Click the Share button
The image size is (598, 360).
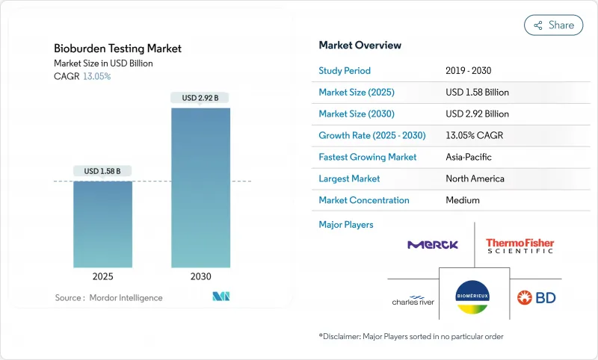(554, 25)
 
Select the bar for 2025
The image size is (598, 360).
(102, 224)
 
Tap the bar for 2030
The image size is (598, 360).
(200, 187)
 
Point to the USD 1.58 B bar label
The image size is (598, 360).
(102, 171)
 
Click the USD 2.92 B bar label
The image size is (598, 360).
(200, 98)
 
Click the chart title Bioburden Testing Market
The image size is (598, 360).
(117, 49)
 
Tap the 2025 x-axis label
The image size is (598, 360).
(102, 276)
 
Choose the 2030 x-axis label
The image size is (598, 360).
(200, 276)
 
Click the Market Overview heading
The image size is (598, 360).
(360, 45)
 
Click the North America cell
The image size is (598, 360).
(475, 179)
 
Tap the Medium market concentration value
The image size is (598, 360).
(462, 200)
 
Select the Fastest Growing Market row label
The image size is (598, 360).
(368, 157)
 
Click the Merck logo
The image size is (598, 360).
(433, 244)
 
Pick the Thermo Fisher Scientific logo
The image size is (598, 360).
(520, 245)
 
